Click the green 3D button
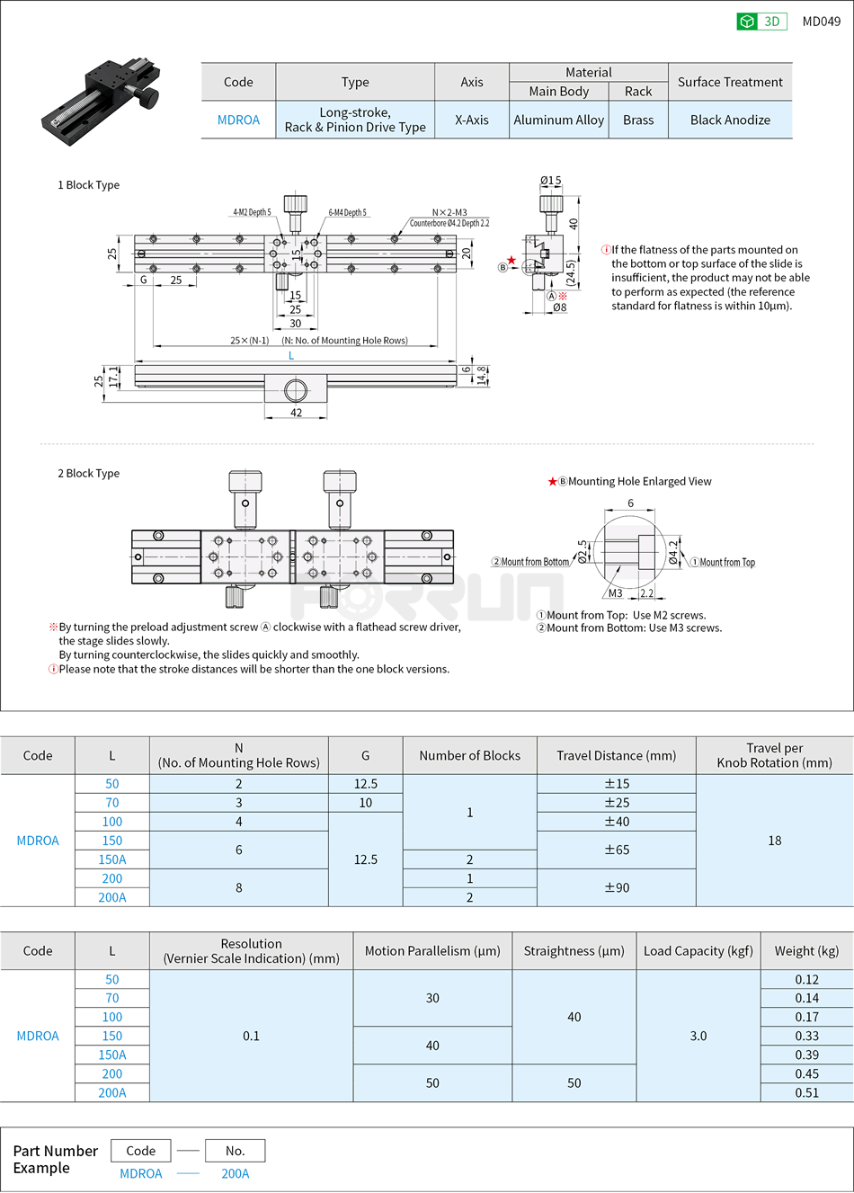pyautogui.click(x=761, y=22)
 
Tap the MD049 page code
pyautogui.click(x=821, y=22)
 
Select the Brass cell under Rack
pyautogui.click(x=638, y=120)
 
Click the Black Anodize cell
pyautogui.click(x=730, y=120)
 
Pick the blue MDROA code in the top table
pyautogui.click(x=238, y=120)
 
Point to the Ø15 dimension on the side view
pyautogui.click(x=550, y=181)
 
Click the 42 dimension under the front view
pyautogui.click(x=296, y=413)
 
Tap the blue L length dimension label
pyautogui.click(x=291, y=356)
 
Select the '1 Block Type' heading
pyautogui.click(x=88, y=185)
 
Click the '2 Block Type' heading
pyautogui.click(x=88, y=474)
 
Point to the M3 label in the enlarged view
pyautogui.click(x=615, y=593)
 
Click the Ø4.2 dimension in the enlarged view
pyautogui.click(x=673, y=551)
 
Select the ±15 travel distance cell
pyautogui.click(x=616, y=784)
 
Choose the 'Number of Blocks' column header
pyautogui.click(x=469, y=756)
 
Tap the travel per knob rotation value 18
pyautogui.click(x=774, y=841)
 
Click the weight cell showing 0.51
pyautogui.click(x=806, y=1093)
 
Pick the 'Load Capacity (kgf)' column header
pyautogui.click(x=698, y=951)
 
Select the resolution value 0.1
pyautogui.click(x=251, y=1037)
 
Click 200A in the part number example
pyautogui.click(x=236, y=1174)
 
